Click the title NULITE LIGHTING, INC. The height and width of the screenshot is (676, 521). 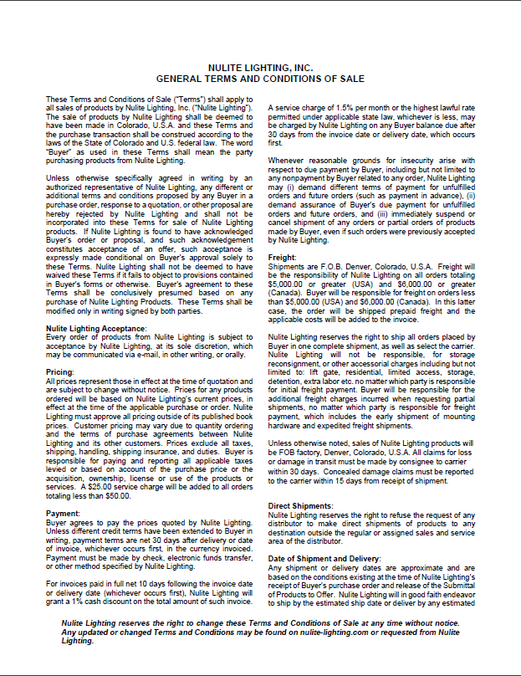click(x=260, y=69)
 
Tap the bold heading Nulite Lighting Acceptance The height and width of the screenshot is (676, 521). click(x=94, y=330)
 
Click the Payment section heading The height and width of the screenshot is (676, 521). click(x=63, y=513)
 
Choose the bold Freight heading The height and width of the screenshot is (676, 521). click(x=281, y=257)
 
